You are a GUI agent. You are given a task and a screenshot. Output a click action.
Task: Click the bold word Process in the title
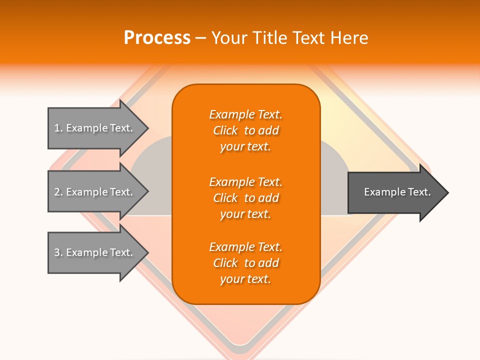(x=157, y=38)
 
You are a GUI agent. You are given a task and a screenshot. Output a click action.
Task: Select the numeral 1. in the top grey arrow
(x=58, y=128)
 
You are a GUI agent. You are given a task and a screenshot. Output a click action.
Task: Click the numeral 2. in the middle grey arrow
(x=58, y=192)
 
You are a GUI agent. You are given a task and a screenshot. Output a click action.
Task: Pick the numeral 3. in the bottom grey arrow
(x=58, y=252)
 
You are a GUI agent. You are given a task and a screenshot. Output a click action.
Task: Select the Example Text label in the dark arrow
(x=397, y=192)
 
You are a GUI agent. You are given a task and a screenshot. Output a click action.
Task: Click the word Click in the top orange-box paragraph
(x=225, y=131)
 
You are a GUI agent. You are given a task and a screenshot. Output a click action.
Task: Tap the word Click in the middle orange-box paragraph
(x=225, y=198)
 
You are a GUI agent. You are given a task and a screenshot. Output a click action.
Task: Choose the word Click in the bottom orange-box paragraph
(x=225, y=263)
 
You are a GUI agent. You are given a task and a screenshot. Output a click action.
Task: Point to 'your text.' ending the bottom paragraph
(x=245, y=279)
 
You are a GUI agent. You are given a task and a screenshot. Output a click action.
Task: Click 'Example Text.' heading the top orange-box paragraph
(x=245, y=115)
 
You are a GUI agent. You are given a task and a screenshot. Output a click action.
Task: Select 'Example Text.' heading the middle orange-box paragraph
(x=245, y=182)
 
